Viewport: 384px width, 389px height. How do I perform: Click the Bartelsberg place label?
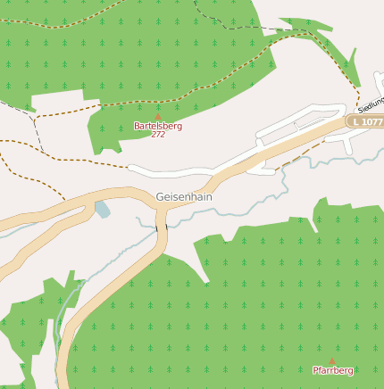[158, 126]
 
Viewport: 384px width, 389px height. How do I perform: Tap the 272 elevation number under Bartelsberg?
[158, 134]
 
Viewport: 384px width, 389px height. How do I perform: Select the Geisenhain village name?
[184, 196]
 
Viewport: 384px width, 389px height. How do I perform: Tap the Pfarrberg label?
[333, 369]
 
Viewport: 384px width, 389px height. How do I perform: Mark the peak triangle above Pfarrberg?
[332, 361]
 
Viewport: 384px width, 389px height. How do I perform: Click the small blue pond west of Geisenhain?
[102, 210]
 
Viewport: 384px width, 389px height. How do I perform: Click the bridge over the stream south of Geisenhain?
[162, 229]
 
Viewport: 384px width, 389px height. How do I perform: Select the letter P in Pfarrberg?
[315, 369]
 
